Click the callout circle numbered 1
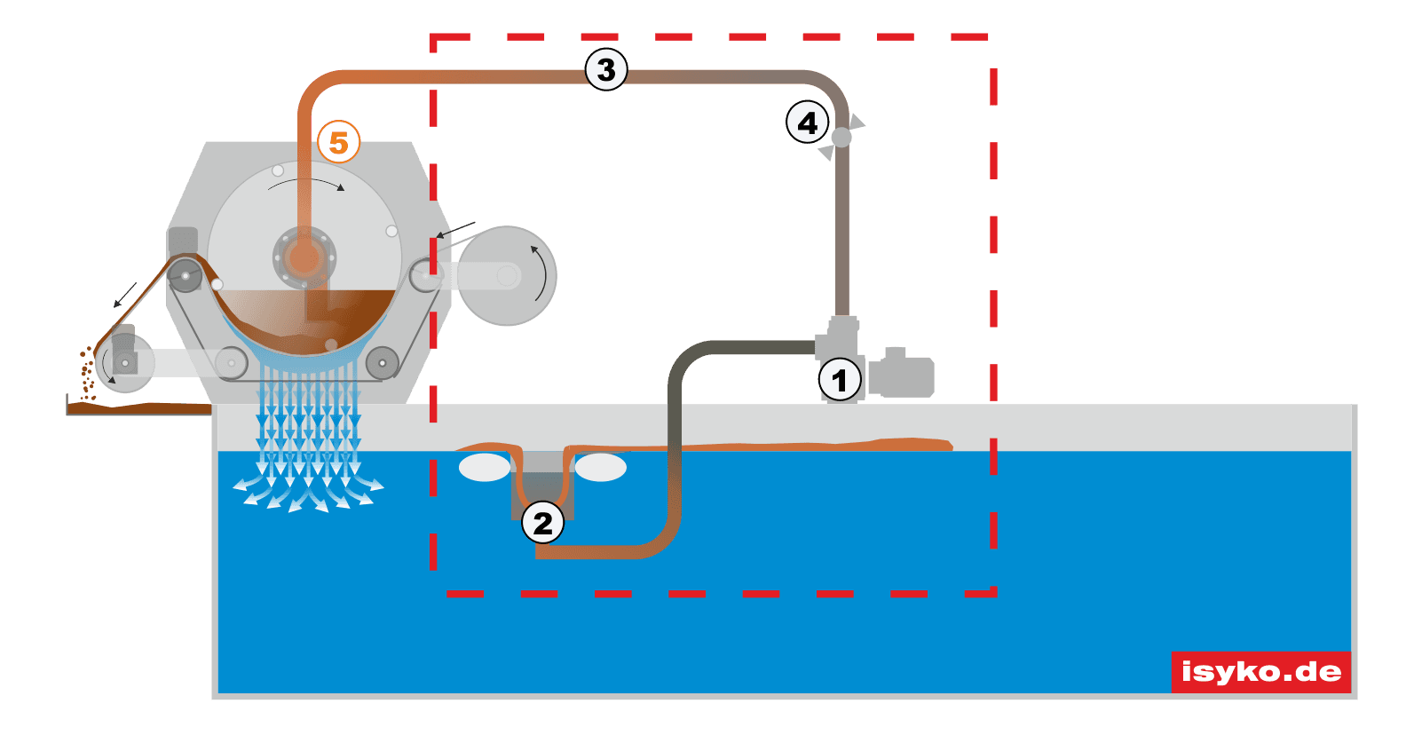pyautogui.click(x=839, y=380)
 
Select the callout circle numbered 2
pyautogui.click(x=542, y=523)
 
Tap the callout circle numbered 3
pyautogui.click(x=606, y=69)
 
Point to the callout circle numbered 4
pyautogui.click(x=808, y=123)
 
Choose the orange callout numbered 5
pyautogui.click(x=338, y=142)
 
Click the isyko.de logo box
pyautogui.click(x=1260, y=671)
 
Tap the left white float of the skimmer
pyautogui.click(x=485, y=467)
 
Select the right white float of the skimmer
pyautogui.click(x=601, y=467)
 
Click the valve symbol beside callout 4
pyautogui.click(x=841, y=137)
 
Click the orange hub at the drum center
pyautogui.click(x=304, y=257)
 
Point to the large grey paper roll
pyautogui.click(x=507, y=276)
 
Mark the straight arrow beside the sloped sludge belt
pyautogui.click(x=124, y=296)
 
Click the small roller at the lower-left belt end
pyautogui.click(x=124, y=363)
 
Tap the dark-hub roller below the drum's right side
pyautogui.click(x=382, y=362)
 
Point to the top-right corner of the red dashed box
pyautogui.click(x=992, y=37)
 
